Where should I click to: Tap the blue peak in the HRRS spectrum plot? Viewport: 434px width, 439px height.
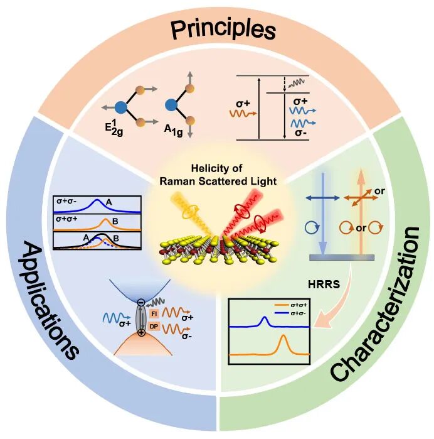pyautogui.click(x=264, y=322)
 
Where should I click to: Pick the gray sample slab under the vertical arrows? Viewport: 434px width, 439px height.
pyautogui.click(x=342, y=257)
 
